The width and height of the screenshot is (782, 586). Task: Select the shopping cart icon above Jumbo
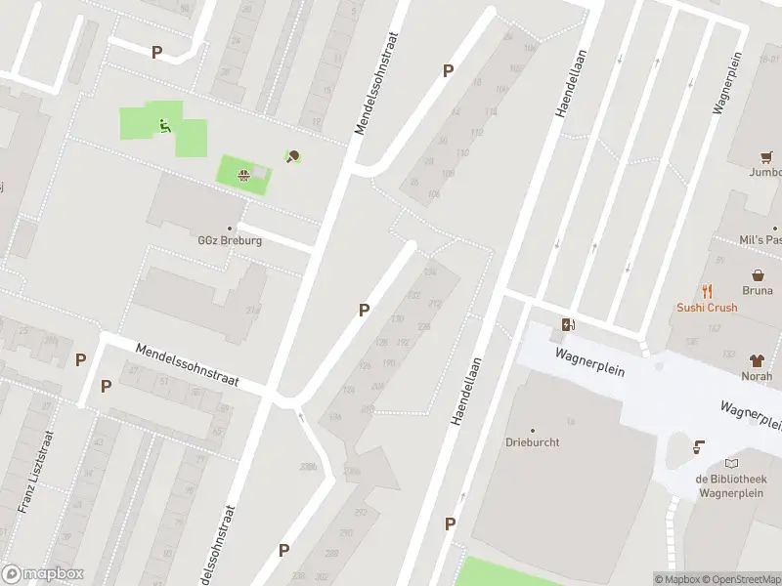(766, 157)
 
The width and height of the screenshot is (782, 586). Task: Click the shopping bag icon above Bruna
(757, 276)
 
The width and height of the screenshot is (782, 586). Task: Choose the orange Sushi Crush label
(707, 307)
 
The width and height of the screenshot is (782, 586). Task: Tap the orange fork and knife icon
(707, 291)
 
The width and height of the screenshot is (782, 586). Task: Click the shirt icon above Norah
(757, 360)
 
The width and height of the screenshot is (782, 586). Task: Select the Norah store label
(757, 376)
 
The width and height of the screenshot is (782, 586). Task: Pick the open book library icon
(732, 464)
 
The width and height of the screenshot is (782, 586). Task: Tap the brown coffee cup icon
(698, 447)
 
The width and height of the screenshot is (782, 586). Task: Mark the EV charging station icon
(567, 325)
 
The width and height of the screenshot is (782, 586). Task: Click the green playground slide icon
(163, 124)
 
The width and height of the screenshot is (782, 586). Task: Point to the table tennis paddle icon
(292, 156)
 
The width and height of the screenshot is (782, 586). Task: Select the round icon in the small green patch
(242, 176)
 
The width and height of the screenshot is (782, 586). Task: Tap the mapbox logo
(42, 574)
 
